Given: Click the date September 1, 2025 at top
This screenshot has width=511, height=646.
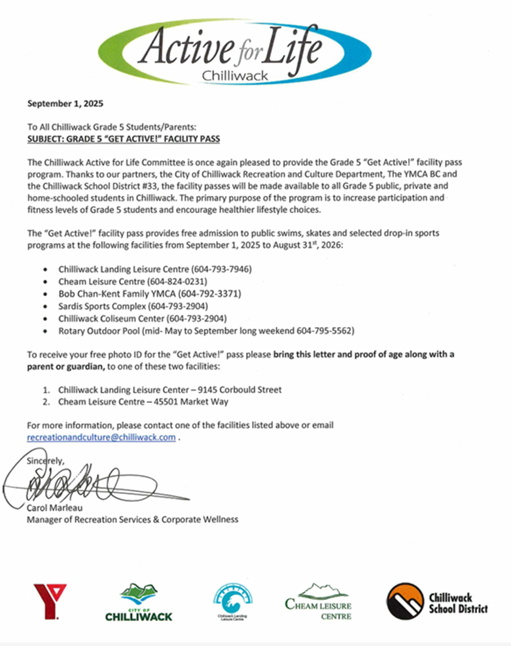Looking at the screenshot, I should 65,104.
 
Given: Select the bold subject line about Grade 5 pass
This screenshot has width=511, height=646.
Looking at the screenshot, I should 123,140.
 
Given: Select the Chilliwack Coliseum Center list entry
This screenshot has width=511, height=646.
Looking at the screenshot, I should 142,318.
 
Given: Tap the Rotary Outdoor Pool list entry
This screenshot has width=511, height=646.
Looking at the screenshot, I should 206,330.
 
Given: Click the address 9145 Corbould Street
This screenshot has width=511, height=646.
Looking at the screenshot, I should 244,389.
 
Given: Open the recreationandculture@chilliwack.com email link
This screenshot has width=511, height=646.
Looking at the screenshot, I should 101,437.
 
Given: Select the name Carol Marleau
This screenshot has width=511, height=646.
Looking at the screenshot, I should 54,508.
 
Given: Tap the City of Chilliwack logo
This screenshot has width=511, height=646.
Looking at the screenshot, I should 139,602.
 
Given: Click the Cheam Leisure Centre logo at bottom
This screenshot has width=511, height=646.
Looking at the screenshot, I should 319,601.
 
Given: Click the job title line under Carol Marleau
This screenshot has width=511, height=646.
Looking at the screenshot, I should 132,520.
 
